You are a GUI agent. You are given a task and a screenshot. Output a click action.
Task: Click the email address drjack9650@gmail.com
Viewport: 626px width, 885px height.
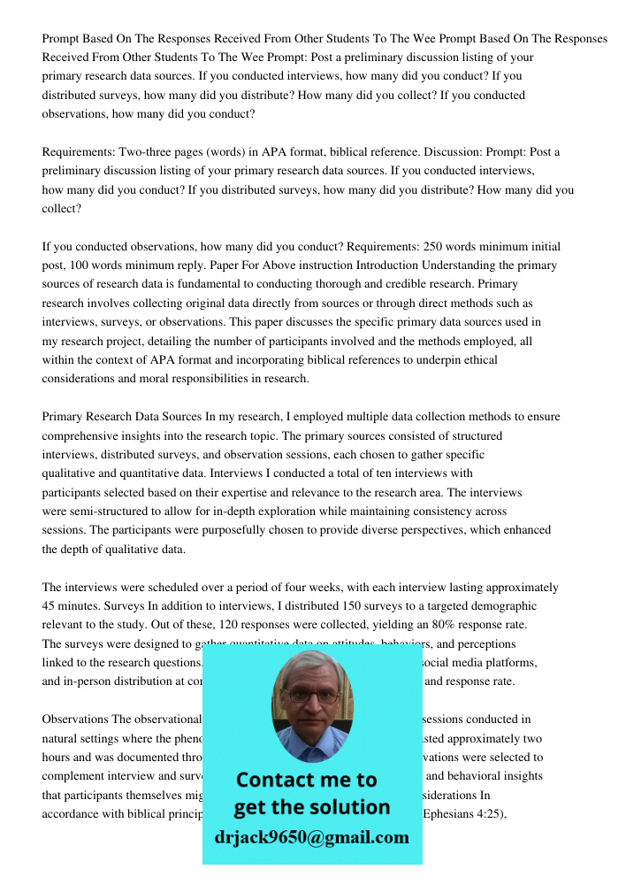tap(311, 836)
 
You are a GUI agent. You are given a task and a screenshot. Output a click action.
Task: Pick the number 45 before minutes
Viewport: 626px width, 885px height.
tap(50, 606)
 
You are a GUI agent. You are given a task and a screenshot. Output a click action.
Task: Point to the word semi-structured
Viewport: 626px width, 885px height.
tap(106, 512)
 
